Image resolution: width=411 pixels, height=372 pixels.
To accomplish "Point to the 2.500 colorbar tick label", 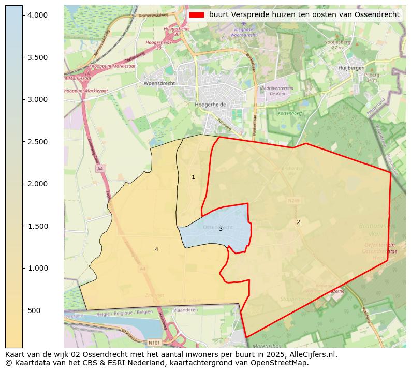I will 38,142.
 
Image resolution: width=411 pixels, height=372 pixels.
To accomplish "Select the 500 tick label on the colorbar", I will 34,310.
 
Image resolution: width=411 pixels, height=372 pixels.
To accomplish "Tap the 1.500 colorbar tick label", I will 38,226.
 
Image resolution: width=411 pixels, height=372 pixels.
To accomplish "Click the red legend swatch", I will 197,15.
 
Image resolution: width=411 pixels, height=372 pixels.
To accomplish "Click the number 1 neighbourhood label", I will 194,177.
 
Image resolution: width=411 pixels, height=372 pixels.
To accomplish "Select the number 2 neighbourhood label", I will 298,222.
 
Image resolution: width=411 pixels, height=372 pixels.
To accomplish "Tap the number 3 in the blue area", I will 221,229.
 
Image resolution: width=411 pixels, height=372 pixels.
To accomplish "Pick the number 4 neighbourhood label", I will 156,250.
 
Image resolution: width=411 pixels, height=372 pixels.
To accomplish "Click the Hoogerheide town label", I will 210,104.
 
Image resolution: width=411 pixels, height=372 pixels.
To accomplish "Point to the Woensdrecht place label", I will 159,83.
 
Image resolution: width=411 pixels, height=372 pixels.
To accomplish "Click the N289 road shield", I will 293,200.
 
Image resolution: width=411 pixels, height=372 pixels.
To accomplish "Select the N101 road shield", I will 154,343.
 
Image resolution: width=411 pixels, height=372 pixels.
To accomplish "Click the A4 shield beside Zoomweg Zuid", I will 100,169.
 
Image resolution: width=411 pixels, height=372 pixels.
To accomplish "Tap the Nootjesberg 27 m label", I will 337,44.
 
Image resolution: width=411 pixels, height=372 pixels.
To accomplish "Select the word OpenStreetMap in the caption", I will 282,363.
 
